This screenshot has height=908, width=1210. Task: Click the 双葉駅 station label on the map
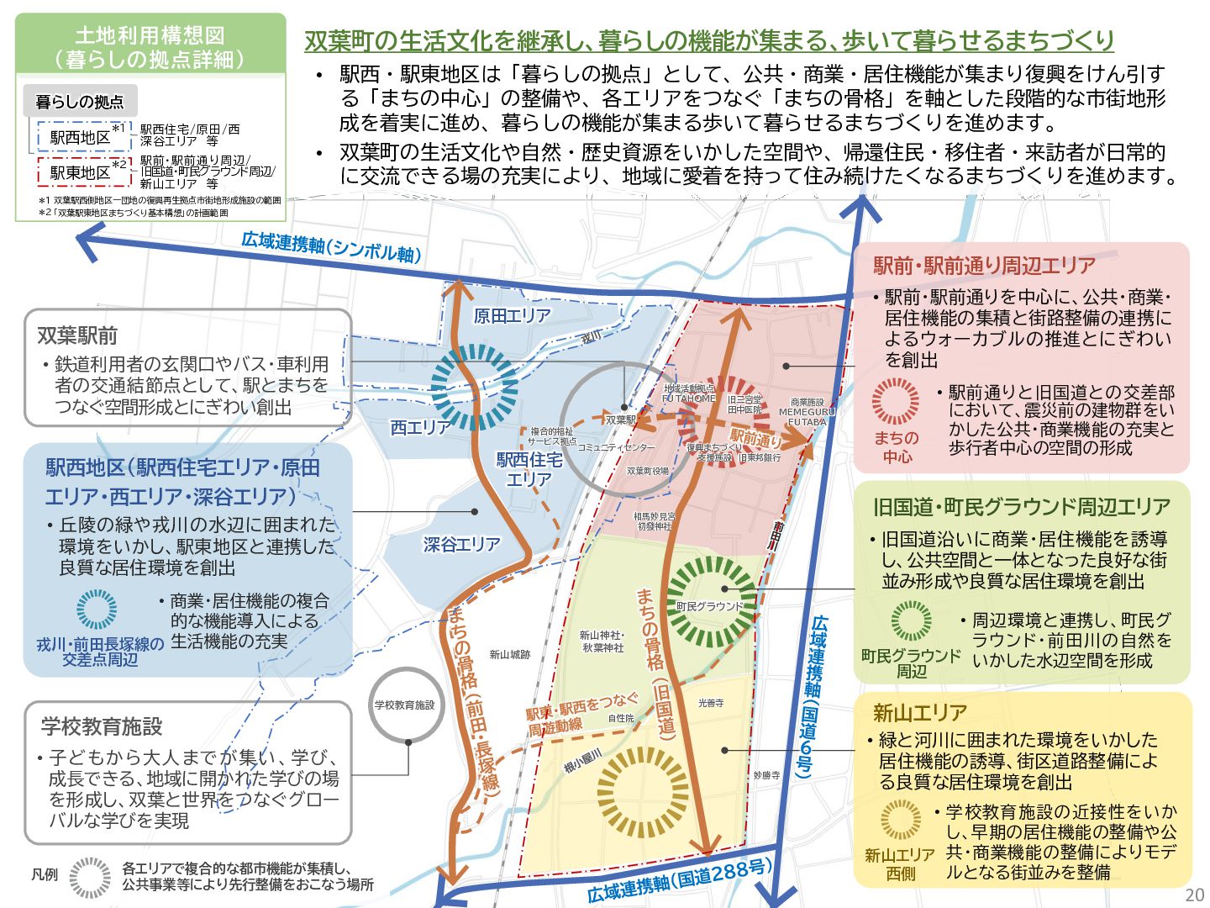(x=621, y=419)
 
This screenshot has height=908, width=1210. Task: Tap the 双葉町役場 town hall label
(x=648, y=471)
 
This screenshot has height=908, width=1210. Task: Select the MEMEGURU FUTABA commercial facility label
(x=807, y=412)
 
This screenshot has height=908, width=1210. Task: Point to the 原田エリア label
(x=513, y=316)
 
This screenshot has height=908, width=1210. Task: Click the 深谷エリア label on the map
(x=461, y=545)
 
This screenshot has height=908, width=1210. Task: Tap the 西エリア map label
(x=421, y=428)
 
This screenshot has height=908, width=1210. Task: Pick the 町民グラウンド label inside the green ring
(x=710, y=606)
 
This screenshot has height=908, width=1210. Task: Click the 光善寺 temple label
(x=711, y=703)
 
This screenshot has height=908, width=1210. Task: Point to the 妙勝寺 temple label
(x=766, y=774)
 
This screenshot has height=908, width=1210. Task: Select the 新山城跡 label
(x=510, y=654)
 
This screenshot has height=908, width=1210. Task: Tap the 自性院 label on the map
(x=621, y=718)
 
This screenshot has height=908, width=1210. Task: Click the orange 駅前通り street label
(x=755, y=438)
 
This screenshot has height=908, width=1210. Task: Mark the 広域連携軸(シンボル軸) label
(x=331, y=247)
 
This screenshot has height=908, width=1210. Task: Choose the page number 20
(x=1194, y=895)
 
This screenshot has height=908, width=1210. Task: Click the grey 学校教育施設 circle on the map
(x=405, y=705)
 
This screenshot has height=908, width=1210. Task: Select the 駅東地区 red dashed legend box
(x=81, y=172)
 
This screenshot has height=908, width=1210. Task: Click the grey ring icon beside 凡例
(x=90, y=878)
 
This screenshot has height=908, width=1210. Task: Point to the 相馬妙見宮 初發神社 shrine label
(x=655, y=521)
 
